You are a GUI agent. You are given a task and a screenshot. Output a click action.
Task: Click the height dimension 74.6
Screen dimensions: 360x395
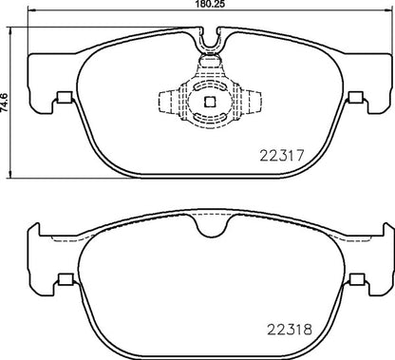[7, 95]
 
